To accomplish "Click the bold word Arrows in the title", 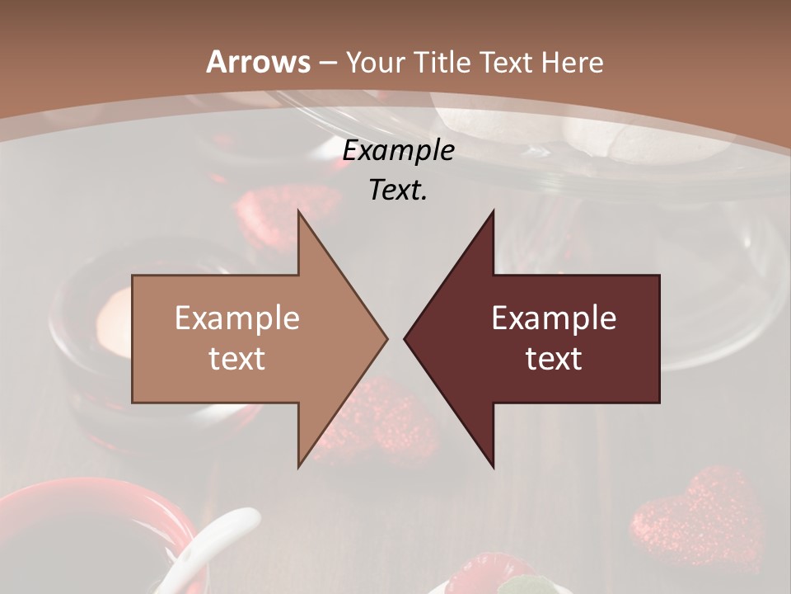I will click(x=259, y=62).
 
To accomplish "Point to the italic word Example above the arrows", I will click(x=398, y=150).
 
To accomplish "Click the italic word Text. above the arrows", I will click(x=398, y=190).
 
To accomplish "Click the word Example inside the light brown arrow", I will click(x=237, y=318).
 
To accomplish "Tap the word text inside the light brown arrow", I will click(x=237, y=359).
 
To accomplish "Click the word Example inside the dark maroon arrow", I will click(x=554, y=318).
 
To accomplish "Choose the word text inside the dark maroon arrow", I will click(x=554, y=359).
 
